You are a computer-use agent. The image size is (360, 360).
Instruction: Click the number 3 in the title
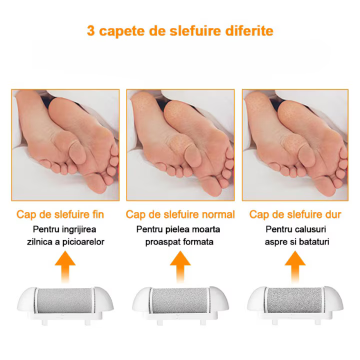[91, 30]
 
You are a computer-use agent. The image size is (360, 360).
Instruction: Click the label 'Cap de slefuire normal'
[180, 214]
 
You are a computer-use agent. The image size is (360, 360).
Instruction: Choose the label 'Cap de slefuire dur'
[295, 214]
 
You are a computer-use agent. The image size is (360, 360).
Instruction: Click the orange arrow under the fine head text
[64, 265]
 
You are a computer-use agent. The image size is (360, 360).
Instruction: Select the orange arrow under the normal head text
[180, 265]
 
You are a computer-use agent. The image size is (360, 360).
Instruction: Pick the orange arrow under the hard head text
[295, 265]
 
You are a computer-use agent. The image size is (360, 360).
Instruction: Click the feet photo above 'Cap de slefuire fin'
[65, 145]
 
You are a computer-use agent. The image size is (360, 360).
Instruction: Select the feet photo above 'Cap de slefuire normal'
[181, 145]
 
